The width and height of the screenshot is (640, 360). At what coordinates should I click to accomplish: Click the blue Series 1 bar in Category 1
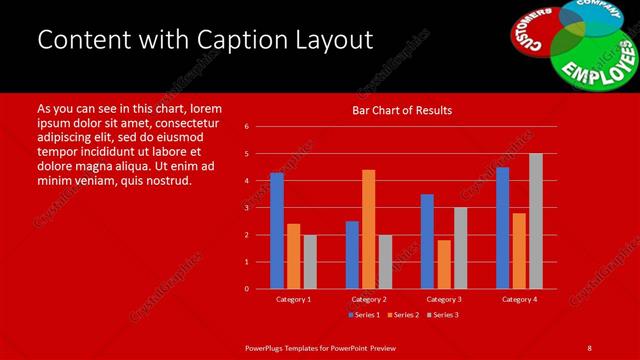[x=277, y=231]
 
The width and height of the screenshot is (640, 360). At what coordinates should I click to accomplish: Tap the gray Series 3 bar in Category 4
[x=535, y=221]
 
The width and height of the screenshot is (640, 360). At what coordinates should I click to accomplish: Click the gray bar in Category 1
[x=310, y=262]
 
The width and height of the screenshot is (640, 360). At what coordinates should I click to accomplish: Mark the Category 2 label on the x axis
[x=369, y=299]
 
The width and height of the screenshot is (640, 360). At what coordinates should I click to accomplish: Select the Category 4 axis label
[x=518, y=299]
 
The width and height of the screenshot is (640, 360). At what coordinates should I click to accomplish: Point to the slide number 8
[x=589, y=347]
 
